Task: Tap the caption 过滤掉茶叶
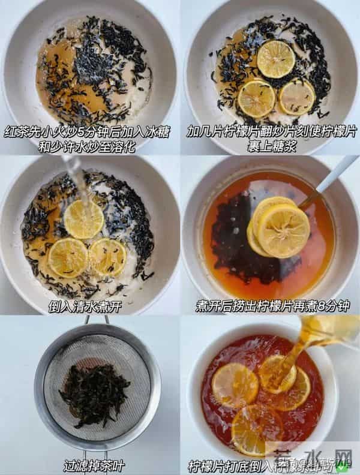[90, 464]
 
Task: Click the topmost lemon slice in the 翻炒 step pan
[275, 59]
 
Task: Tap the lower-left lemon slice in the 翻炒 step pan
[256, 98]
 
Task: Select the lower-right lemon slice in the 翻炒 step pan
[297, 97]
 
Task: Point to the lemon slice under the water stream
[84, 219]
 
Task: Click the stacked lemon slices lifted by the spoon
[278, 226]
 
